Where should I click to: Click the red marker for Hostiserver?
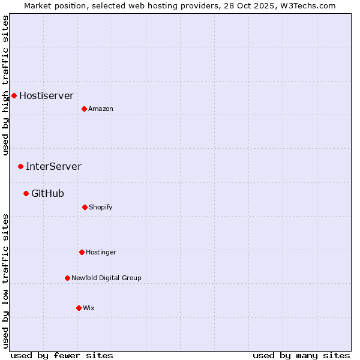(14, 95)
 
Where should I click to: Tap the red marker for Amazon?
(84, 109)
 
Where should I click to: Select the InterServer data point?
(20, 166)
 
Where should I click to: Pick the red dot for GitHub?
(26, 193)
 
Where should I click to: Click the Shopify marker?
(85, 207)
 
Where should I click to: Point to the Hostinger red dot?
(82, 252)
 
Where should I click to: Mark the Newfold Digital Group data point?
(67, 278)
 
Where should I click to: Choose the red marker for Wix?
(79, 308)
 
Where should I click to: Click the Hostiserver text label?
(46, 95)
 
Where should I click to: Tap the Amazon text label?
(101, 109)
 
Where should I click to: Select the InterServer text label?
(53, 166)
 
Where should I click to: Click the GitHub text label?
(47, 193)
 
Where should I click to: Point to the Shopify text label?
(101, 207)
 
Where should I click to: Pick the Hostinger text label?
(101, 252)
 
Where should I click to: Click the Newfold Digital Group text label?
(106, 278)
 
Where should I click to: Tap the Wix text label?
(89, 308)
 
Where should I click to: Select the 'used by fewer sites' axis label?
(62, 355)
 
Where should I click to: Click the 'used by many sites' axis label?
(301, 355)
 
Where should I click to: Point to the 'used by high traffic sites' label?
(5, 85)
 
